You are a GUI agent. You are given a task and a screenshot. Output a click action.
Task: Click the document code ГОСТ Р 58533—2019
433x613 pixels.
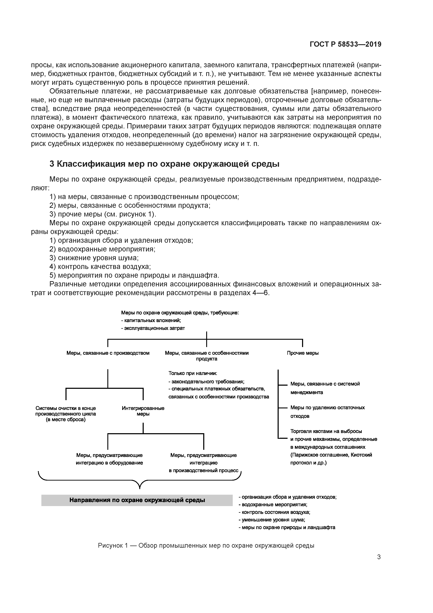click(346, 44)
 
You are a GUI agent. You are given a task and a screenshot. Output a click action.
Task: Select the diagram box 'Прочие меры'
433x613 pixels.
click(303, 353)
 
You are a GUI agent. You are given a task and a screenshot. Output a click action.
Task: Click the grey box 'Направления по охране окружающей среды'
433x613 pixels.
click(137, 500)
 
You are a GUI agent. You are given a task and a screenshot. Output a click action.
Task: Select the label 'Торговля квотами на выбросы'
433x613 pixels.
click(326, 431)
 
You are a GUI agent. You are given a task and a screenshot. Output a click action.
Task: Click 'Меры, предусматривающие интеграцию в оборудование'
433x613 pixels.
click(109, 459)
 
